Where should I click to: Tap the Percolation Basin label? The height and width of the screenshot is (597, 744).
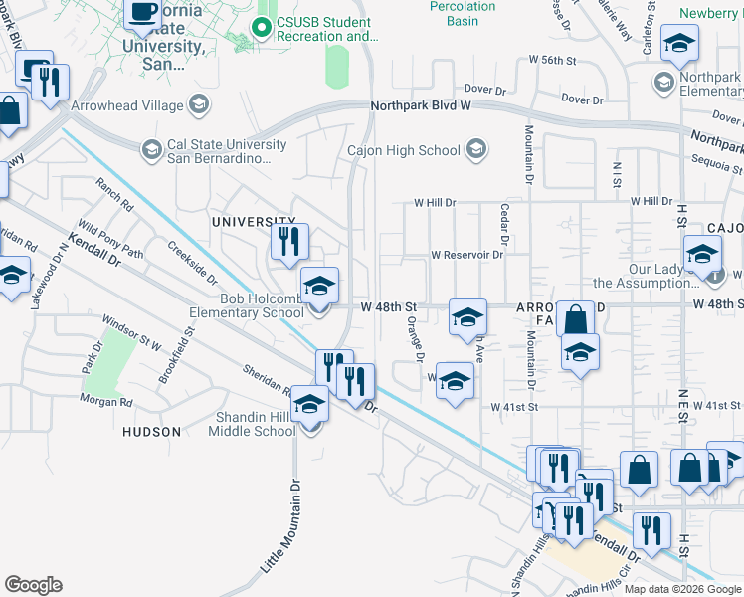463,13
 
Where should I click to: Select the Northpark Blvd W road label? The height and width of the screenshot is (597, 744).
420,105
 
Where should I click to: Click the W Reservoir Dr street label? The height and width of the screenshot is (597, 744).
466,255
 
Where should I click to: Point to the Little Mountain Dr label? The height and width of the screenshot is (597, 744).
280,526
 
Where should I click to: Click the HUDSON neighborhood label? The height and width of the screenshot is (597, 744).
151,432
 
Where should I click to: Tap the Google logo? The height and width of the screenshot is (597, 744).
33,584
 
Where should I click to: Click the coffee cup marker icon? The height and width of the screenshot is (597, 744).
142,12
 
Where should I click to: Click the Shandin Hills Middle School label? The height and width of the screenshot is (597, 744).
252,424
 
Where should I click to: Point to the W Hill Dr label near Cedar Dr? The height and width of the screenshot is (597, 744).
435,202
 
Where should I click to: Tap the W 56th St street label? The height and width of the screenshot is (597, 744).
552,61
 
